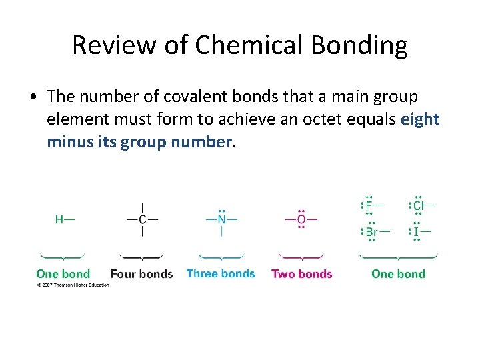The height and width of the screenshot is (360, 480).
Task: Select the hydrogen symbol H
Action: coord(59,219)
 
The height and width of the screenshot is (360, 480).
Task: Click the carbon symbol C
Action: coord(142,219)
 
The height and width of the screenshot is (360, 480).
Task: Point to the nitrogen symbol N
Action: coord(221,219)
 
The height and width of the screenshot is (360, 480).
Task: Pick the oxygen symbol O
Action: coord(301,219)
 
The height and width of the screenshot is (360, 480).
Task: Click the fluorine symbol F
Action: coord(369,205)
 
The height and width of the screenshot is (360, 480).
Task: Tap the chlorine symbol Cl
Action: coord(419,205)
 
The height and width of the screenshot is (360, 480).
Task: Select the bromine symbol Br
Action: coord(371,232)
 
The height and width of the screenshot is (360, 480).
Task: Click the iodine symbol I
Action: coord(417,232)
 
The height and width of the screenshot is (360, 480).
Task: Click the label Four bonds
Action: coord(141,274)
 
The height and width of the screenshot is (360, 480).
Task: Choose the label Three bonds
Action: coord(221,273)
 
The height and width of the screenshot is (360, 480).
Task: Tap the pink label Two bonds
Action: coord(301,274)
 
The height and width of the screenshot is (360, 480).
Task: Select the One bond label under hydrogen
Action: coord(63,274)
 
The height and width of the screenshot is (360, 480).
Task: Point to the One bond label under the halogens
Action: coord(398,274)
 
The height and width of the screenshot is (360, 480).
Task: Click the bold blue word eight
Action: coord(420,119)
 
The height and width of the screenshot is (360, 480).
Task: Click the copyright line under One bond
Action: coord(72,285)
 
